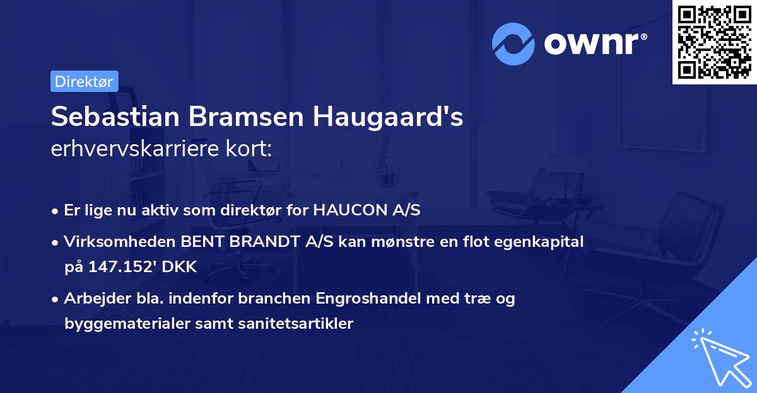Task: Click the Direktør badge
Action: pos(84,81)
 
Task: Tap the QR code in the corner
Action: pos(713,42)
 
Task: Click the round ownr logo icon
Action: pos(514,43)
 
